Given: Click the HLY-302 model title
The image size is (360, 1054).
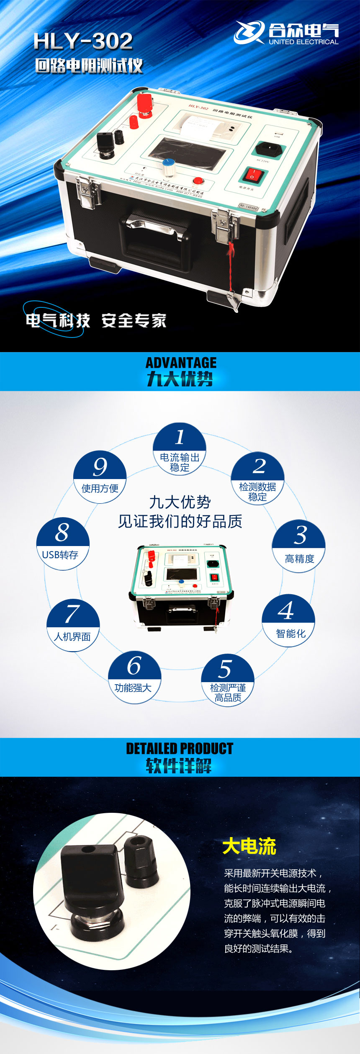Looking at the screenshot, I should [83, 41].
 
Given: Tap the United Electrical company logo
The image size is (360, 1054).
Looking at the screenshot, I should [286, 33].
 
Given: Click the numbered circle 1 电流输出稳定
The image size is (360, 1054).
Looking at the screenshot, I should [180, 449].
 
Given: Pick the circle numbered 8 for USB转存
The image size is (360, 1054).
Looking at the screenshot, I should [62, 544].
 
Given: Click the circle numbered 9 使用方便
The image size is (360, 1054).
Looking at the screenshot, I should [100, 477].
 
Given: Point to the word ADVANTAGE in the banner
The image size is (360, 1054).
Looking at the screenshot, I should [181, 363].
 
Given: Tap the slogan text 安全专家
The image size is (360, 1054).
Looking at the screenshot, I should [134, 321].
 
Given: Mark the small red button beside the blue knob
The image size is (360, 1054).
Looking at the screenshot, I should [198, 181].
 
